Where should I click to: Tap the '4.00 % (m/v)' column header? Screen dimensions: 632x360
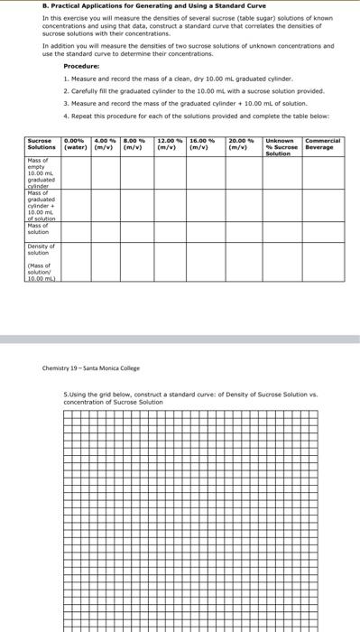(x=106, y=144)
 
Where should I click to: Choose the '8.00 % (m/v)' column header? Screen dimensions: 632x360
(x=135, y=144)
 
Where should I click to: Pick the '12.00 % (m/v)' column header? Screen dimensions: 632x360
(x=170, y=144)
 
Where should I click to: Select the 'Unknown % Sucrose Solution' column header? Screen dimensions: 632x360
(x=280, y=147)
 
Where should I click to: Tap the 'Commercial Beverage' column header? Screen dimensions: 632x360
(x=322, y=144)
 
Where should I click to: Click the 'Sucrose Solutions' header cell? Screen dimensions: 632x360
(x=42, y=144)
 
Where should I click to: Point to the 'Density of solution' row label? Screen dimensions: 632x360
(x=42, y=247)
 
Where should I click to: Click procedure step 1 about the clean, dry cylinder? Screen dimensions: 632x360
(x=166, y=79)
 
